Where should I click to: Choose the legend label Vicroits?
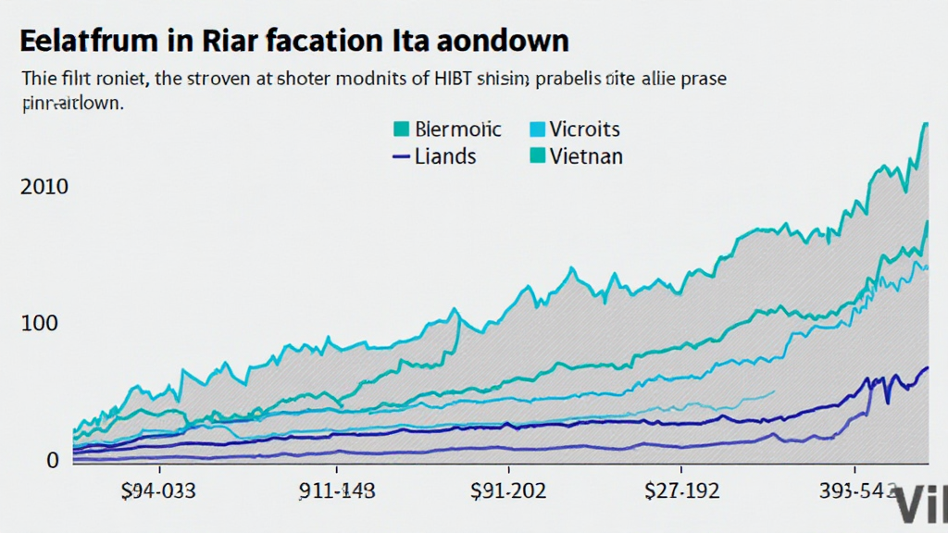pyautogui.click(x=584, y=129)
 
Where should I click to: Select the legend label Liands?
pyautogui.click(x=446, y=155)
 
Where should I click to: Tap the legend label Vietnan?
pyautogui.click(x=587, y=155)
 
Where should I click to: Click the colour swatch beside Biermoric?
pyautogui.click(x=402, y=129)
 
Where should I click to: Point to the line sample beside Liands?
pyautogui.click(x=402, y=156)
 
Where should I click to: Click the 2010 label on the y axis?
pyautogui.click(x=44, y=187)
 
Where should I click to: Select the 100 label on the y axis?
pyautogui.click(x=38, y=324)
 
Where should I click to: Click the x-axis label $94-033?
pyautogui.click(x=158, y=491)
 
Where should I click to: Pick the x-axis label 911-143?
pyautogui.click(x=338, y=491)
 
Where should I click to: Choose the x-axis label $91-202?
pyautogui.click(x=508, y=491)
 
